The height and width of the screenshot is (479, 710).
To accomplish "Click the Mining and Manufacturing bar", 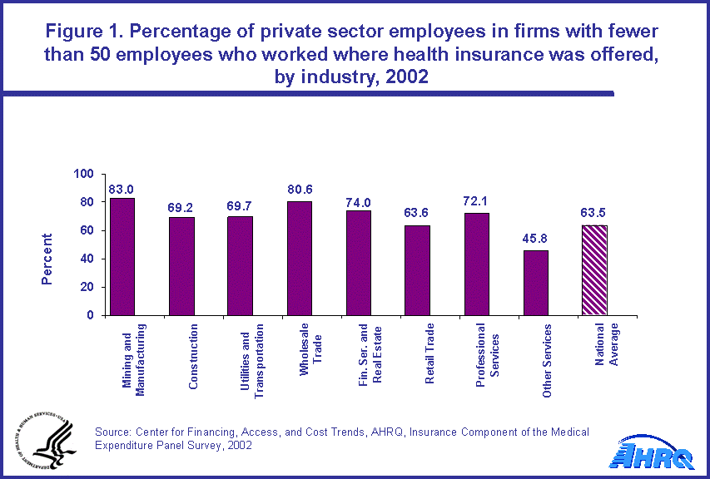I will (x=122, y=256).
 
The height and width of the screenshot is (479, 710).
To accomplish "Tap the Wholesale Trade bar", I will (x=299, y=258).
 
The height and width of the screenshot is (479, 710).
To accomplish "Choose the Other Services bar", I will (x=535, y=283).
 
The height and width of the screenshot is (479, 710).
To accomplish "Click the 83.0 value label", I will (x=122, y=190).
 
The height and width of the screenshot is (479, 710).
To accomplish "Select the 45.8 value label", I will (x=535, y=242).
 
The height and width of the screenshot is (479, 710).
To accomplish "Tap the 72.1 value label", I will (x=476, y=204).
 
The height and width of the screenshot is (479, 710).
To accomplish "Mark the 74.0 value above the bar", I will (x=359, y=202).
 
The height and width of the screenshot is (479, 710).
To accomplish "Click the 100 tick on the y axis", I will (x=84, y=175).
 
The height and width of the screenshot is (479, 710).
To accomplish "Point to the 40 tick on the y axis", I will (x=87, y=259).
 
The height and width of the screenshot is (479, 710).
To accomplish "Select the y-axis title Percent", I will (x=47, y=259).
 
